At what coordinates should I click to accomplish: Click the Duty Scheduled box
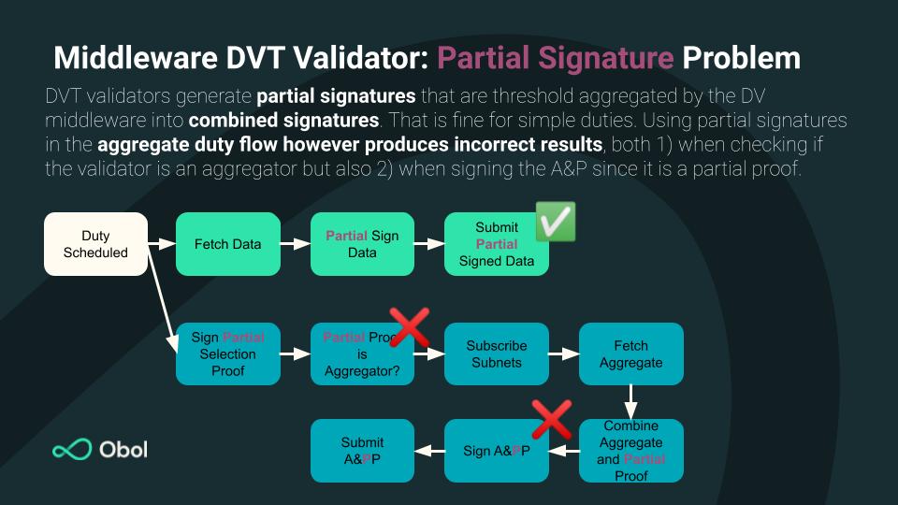pyautogui.click(x=95, y=244)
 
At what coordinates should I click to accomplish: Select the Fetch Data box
pyautogui.click(x=228, y=244)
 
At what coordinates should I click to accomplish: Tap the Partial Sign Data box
pyautogui.click(x=362, y=244)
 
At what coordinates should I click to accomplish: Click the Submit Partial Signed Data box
pyautogui.click(x=496, y=244)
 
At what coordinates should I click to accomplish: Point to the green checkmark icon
pyautogui.click(x=555, y=222)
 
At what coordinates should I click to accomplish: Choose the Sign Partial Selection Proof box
pyautogui.click(x=228, y=353)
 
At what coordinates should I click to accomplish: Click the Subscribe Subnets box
pyautogui.click(x=496, y=353)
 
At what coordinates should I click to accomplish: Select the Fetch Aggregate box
pyautogui.click(x=631, y=353)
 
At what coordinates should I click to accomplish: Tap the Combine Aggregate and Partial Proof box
pyautogui.click(x=631, y=451)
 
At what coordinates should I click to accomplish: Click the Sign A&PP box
pyautogui.click(x=496, y=451)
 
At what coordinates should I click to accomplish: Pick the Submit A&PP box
pyautogui.click(x=362, y=451)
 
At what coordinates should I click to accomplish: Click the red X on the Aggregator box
pyautogui.click(x=409, y=327)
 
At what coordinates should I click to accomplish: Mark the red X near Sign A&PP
pyautogui.click(x=551, y=419)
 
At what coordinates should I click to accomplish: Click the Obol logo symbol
pyautogui.click(x=72, y=450)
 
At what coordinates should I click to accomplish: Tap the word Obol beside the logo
pyautogui.click(x=123, y=450)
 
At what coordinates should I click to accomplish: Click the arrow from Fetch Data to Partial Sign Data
pyautogui.click(x=295, y=244)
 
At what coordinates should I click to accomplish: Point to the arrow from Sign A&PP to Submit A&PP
pyautogui.click(x=428, y=451)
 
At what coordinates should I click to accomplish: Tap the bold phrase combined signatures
pyautogui.click(x=283, y=121)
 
